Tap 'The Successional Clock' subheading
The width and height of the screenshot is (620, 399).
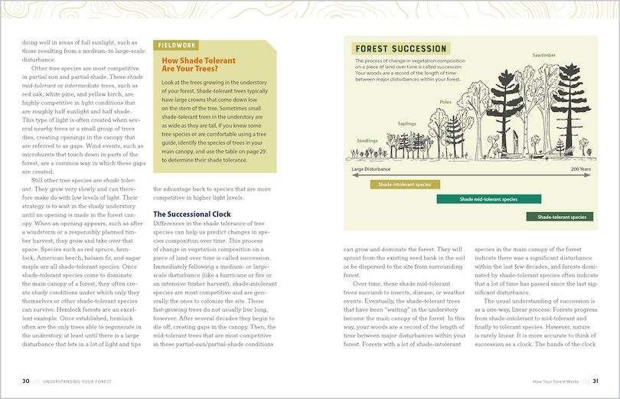pyautogui.click(x=191, y=214)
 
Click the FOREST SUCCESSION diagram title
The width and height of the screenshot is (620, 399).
pyautogui.click(x=400, y=49)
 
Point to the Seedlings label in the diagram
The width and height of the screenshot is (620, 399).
pyautogui.click(x=367, y=140)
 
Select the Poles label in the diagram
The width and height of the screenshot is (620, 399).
pyautogui.click(x=445, y=101)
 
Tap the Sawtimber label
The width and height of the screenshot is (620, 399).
pyautogui.click(x=543, y=55)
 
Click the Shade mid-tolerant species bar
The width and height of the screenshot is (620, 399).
pyautogui.click(x=488, y=199)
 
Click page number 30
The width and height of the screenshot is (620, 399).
pyautogui.click(x=26, y=381)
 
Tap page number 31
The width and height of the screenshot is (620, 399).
pyautogui.click(x=595, y=381)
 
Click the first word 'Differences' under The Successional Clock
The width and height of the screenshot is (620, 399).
pyautogui.click(x=171, y=224)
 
